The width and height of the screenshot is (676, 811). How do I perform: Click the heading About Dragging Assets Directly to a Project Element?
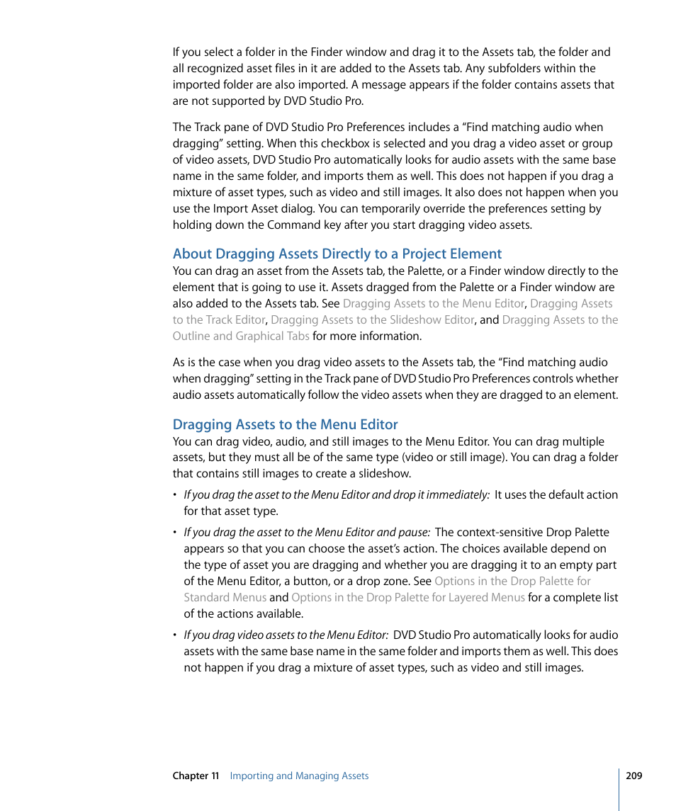point(337,254)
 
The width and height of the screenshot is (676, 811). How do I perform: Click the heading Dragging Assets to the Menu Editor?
point(285,424)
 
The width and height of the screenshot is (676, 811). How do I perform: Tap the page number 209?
point(633,776)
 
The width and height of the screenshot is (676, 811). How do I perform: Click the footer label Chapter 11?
point(196,776)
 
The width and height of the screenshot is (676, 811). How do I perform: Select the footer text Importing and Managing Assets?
point(299,776)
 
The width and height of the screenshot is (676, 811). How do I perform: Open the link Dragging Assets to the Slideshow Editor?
point(372,319)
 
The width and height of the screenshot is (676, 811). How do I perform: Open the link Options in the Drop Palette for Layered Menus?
point(407,597)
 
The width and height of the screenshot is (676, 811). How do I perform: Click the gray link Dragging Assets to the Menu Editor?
point(433,303)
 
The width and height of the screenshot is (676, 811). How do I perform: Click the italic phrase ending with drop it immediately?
point(336,494)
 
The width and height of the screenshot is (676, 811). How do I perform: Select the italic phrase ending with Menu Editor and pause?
point(307,532)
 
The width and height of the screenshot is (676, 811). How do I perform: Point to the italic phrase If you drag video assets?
point(286,635)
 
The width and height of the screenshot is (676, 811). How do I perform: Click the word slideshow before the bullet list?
point(385,473)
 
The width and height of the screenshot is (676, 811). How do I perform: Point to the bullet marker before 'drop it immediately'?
point(175,495)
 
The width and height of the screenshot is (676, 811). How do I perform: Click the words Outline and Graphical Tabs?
point(241,336)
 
